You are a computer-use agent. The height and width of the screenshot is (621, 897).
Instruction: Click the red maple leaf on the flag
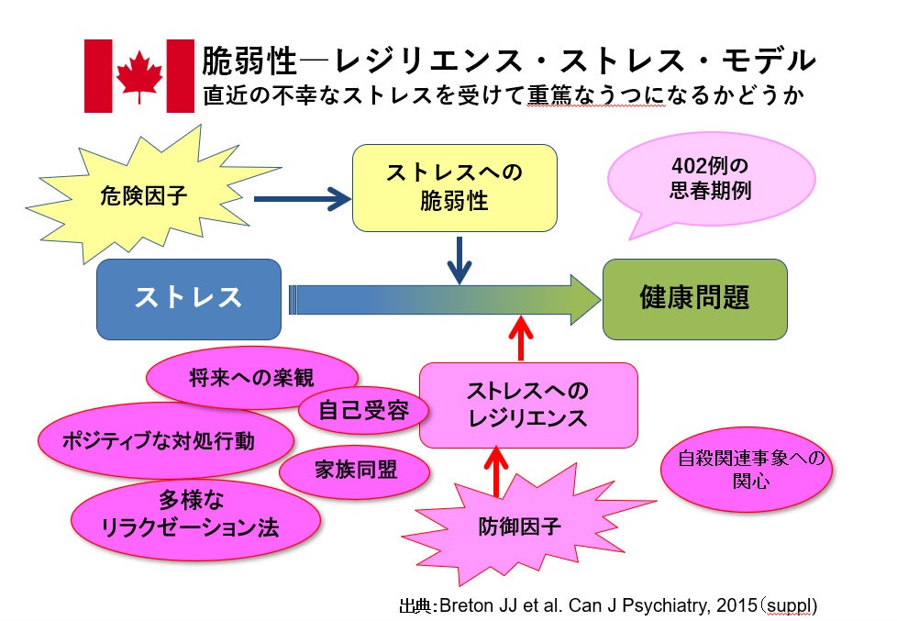point(139,75)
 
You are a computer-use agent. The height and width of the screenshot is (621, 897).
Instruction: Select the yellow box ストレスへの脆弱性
point(442,186)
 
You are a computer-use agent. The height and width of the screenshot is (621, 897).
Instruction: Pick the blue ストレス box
point(189,298)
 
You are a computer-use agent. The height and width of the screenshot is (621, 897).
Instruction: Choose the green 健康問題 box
point(694,298)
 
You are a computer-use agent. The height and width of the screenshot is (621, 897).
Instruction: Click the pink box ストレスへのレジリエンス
point(527,405)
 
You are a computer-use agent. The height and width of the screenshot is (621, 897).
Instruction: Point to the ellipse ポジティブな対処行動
point(158,440)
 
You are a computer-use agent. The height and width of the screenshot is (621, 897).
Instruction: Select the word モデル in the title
point(771,61)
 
